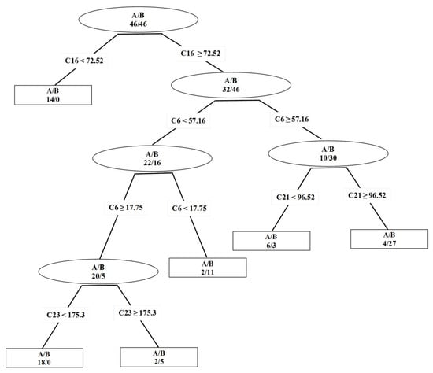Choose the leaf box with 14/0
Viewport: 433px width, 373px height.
(x=48, y=94)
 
